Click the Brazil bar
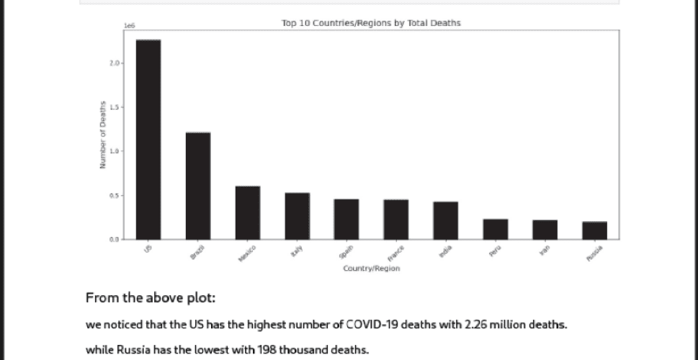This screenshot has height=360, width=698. tap(198, 185)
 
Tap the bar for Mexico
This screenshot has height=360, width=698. tap(248, 212)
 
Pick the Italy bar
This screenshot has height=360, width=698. tap(297, 215)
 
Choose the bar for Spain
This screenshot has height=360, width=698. tap(346, 219)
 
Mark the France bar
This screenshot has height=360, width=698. tap(395, 219)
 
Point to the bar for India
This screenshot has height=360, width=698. tap(445, 220)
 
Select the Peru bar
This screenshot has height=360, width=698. tap(496, 229)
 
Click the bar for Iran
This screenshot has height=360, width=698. tap(545, 230)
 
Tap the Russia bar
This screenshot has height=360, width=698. tap(594, 230)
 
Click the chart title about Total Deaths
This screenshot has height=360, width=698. tap(370, 23)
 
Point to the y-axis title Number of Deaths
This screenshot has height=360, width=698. tap(103, 135)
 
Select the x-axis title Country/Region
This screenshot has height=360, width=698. tap(371, 269)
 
